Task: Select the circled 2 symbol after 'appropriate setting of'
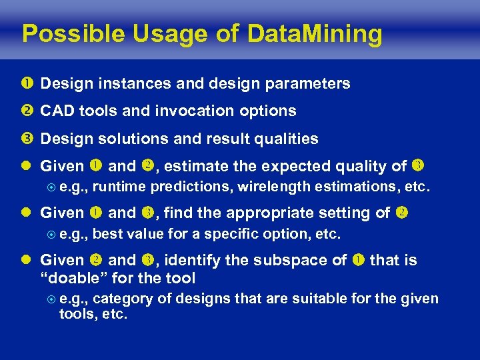pyautogui.click(x=402, y=213)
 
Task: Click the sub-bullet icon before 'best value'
pyautogui.click(x=50, y=235)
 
